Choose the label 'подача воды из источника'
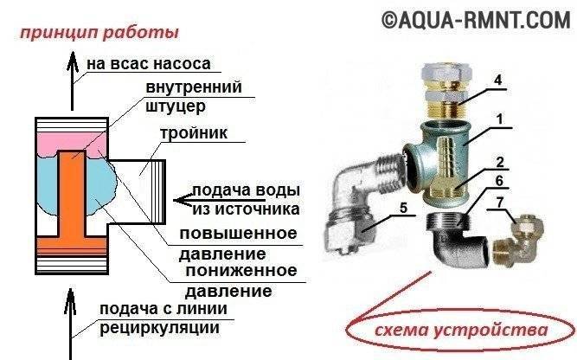[x=247, y=200]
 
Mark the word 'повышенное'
[x=238, y=234]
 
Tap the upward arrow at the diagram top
[x=73, y=78]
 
